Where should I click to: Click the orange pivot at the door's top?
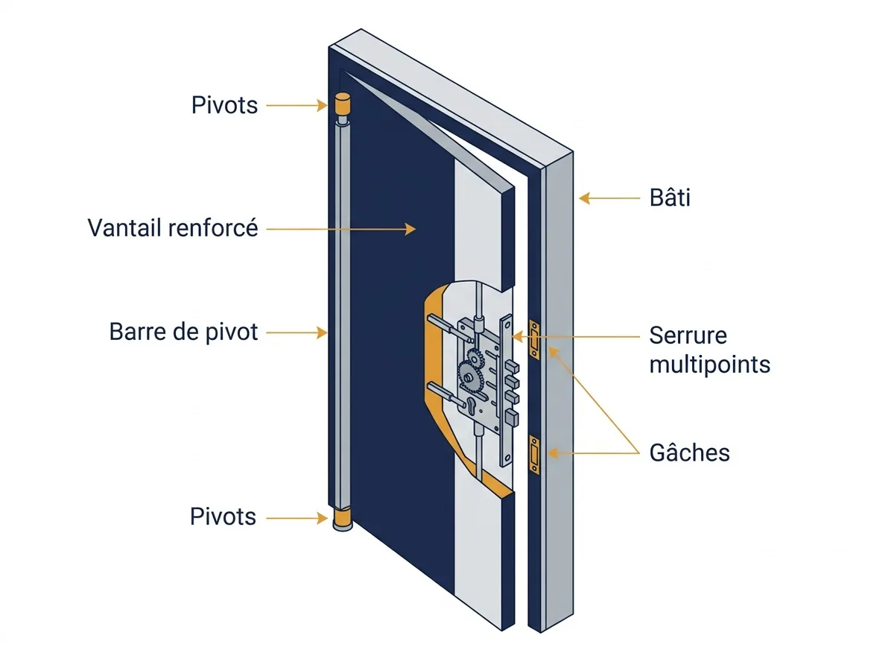342,104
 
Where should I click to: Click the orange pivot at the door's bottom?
343,518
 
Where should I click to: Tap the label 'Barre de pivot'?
183,333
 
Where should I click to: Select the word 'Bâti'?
670,198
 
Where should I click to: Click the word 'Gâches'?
689,453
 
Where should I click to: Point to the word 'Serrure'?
688,335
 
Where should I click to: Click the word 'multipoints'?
709,365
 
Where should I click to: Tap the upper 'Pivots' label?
224,105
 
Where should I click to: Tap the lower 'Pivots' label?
223,517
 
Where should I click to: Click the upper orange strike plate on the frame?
534,339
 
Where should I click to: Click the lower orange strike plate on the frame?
534,455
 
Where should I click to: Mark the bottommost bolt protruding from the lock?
512,417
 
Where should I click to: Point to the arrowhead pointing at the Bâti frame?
584,198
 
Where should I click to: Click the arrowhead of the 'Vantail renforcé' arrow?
410,229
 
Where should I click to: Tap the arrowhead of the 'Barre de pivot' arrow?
322,333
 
